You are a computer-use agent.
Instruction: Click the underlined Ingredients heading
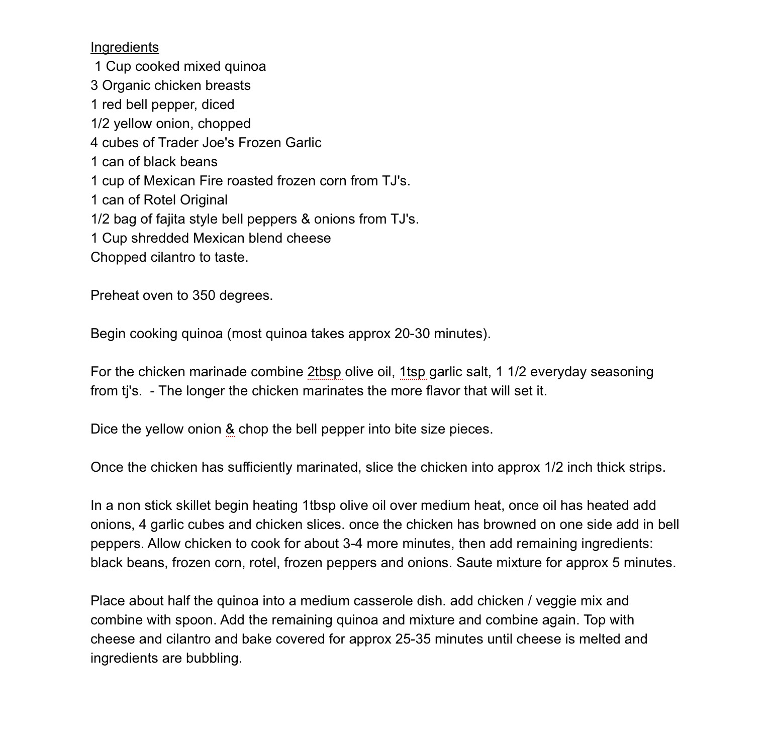click(x=124, y=47)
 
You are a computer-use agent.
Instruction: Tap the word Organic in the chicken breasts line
click(x=126, y=85)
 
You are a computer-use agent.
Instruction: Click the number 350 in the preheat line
click(x=204, y=295)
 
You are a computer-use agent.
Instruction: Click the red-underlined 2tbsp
click(x=324, y=372)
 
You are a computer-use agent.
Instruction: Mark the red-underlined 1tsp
click(x=413, y=372)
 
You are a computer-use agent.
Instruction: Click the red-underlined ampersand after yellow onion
click(x=230, y=429)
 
